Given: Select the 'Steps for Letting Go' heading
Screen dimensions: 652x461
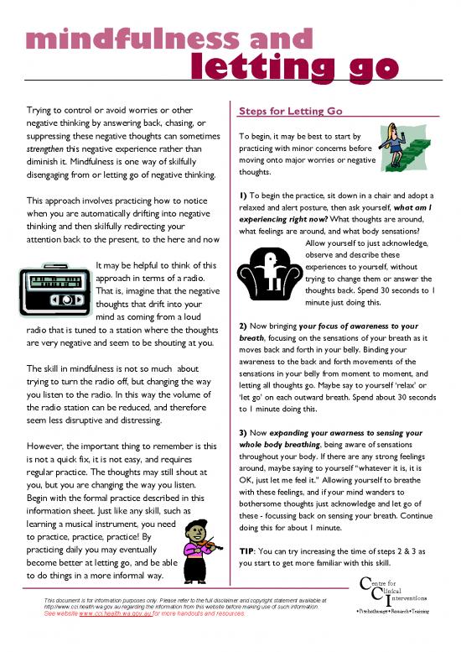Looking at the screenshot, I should coord(291,110).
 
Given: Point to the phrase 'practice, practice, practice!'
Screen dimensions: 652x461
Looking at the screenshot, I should coord(85,535).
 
